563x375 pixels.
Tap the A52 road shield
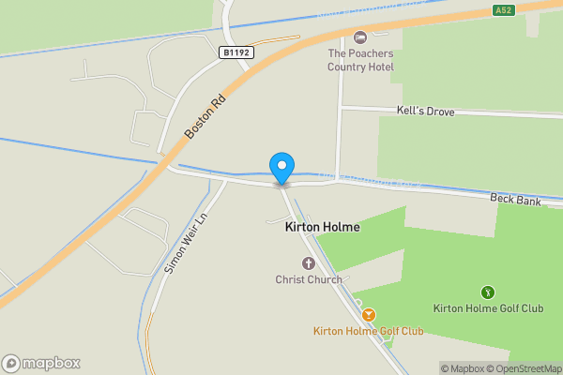[x=504, y=10]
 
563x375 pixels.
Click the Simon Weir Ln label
[x=184, y=243]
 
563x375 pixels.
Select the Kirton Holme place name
[x=322, y=228]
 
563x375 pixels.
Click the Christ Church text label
[x=309, y=279]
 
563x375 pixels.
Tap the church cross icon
[x=309, y=263]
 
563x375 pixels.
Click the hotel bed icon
[x=359, y=37]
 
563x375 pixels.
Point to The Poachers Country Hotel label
[x=359, y=60]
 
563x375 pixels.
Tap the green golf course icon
[x=488, y=292]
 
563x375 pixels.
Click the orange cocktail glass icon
[x=369, y=315]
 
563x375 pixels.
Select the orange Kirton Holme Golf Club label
[x=369, y=332]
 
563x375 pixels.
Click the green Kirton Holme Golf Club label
[x=488, y=308]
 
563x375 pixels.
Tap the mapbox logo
[x=41, y=363]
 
